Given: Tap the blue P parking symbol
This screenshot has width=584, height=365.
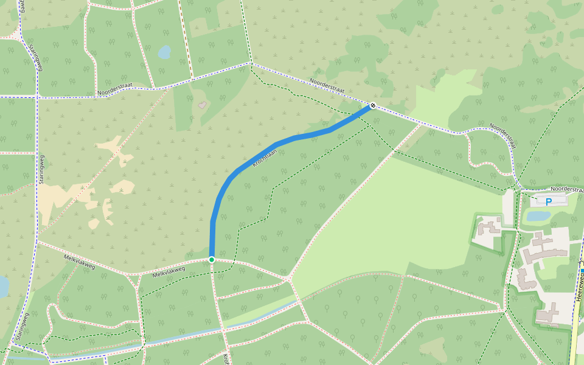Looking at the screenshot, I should click(548, 201).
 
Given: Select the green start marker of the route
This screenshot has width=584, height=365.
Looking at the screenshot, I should click(212, 260).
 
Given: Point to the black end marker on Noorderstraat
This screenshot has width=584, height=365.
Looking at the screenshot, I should click(372, 106).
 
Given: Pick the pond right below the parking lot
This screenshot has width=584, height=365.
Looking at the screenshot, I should click(538, 215).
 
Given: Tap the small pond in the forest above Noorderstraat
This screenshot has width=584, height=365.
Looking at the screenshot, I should click(164, 52).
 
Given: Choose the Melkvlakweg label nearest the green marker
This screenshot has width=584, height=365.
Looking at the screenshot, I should click(169, 271).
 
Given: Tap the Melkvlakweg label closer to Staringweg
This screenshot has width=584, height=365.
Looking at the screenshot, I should click(80, 261).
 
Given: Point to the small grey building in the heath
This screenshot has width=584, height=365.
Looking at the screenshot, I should click(202, 105).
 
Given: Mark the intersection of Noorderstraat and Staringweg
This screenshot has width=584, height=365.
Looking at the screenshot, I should click(37, 96).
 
